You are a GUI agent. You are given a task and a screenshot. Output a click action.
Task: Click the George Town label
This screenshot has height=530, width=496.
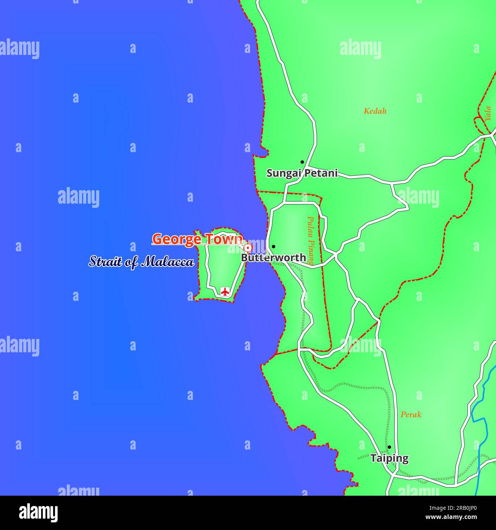coord(197,239)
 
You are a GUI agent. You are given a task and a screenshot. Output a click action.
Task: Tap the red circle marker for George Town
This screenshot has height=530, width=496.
coord(248,248)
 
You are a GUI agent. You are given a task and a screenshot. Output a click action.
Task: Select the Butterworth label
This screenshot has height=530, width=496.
coord(273,258)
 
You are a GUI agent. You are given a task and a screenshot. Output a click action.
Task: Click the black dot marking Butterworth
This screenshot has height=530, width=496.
coord(273,247)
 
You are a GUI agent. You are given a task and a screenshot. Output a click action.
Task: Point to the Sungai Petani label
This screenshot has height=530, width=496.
coord(302,173)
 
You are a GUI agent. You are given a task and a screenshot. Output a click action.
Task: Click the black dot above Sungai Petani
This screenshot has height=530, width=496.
coord(302,162)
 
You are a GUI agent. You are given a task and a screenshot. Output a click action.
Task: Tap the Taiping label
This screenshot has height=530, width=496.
coord(389,458)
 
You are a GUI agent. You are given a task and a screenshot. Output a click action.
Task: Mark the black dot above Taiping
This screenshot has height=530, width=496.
coord(389,447)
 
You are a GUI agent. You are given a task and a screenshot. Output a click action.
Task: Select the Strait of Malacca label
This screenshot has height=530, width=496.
coord(141,262)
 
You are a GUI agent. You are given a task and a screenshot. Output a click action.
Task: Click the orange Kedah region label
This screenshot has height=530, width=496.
coord(375,111)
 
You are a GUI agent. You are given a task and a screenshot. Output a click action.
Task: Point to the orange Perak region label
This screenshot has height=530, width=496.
coord(411,414)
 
